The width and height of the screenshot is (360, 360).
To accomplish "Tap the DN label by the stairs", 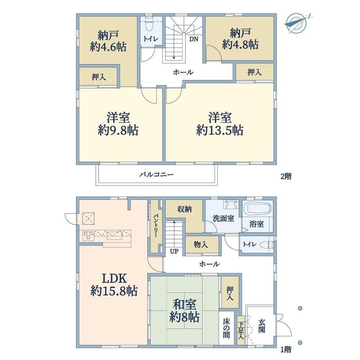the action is point(194,39).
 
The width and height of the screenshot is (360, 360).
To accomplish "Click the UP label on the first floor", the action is point(174,251).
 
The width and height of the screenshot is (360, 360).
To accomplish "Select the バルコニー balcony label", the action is point(157,175).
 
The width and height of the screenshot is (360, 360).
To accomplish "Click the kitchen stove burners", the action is point(88,236).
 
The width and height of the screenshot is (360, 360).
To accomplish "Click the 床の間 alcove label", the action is point(226,328).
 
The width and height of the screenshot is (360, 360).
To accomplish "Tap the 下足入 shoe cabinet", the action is point(241,331).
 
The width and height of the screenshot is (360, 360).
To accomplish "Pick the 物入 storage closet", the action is point(202,245).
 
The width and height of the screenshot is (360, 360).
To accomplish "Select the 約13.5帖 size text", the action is point(220,131).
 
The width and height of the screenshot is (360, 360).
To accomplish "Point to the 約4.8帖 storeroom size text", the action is point(240,45).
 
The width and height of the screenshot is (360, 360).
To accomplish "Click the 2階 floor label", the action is point(286,176).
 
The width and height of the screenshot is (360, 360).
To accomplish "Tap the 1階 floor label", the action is point(286,350).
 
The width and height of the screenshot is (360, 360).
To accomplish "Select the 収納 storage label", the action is point(184,209).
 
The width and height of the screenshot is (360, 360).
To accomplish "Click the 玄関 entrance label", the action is point(261,326).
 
